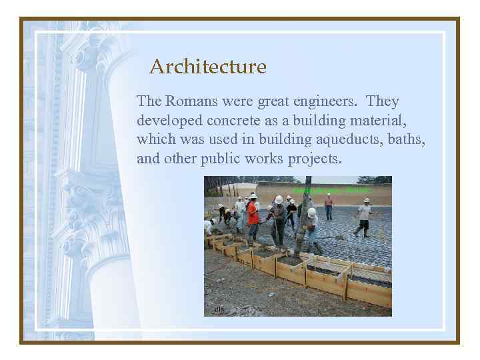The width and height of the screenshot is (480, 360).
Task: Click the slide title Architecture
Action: [x=207, y=67]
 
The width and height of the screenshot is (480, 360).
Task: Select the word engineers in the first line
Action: [x=325, y=101]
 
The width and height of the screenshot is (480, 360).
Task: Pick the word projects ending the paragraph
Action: [x=314, y=159]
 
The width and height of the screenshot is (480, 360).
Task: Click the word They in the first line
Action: [x=383, y=101]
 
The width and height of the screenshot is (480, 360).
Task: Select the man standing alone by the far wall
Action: [x=328, y=207]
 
